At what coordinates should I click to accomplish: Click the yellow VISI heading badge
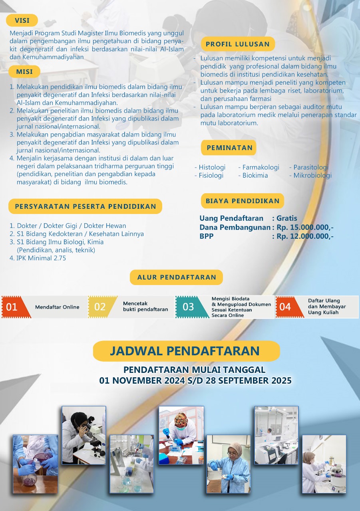[22, 20]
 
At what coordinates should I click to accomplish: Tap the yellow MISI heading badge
[24, 72]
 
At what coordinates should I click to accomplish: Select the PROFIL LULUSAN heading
[238, 44]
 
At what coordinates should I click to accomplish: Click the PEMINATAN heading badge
[229, 148]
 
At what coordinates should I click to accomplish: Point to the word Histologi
[212, 167]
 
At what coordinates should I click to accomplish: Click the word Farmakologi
[261, 167]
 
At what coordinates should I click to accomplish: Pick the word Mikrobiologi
[312, 175]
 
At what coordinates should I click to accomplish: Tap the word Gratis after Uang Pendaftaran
[287, 218]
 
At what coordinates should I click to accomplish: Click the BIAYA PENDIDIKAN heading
[243, 201]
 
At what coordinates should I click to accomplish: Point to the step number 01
[12, 307]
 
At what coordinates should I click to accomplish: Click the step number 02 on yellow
[100, 307]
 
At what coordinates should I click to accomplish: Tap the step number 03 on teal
[188, 307]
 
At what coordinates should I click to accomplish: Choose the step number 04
[285, 307]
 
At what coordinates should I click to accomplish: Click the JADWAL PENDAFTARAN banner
[185, 351]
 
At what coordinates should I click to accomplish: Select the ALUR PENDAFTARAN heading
[177, 277]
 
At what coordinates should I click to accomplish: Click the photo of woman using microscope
[84, 435]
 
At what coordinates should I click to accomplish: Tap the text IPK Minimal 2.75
[41, 258]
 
